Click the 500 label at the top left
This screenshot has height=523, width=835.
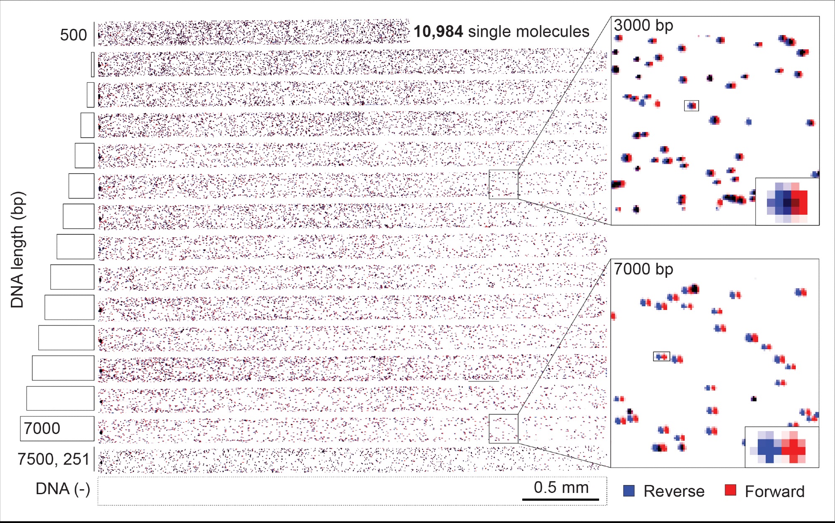point(73,35)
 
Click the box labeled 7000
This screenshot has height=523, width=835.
point(57,429)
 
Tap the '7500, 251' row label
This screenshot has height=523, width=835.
point(53,459)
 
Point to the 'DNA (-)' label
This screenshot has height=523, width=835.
point(63,489)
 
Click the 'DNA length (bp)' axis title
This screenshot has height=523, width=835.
point(18,250)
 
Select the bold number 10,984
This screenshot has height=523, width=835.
point(438,32)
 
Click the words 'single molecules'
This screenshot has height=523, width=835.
point(529,32)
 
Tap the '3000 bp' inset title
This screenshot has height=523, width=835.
point(643,25)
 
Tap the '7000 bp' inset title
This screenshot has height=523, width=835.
point(643,269)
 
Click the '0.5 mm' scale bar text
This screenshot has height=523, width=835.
point(561,487)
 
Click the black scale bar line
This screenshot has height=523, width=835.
point(560,499)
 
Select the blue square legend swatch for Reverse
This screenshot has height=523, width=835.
point(629,491)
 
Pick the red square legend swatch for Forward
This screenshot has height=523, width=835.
point(730,490)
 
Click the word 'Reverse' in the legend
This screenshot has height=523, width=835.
point(674,491)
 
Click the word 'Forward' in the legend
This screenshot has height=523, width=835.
point(774,492)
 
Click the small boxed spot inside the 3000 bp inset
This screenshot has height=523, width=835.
point(691,106)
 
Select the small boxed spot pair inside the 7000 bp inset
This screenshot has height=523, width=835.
point(661,356)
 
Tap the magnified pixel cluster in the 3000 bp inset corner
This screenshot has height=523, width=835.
point(787,202)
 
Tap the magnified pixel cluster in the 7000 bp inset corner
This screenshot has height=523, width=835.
point(782,447)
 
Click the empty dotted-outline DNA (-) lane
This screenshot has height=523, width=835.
point(309,491)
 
